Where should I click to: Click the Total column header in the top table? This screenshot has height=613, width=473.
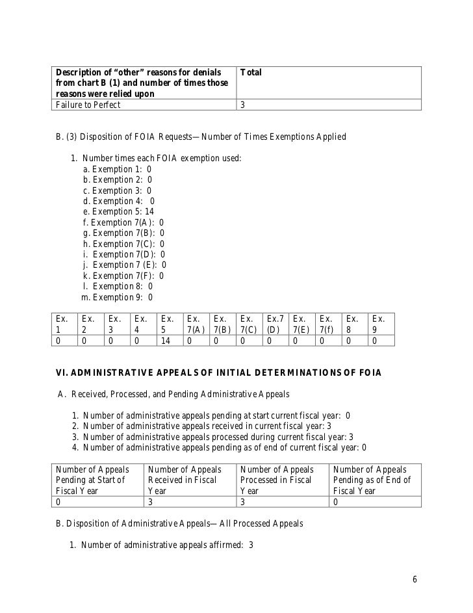pyautogui.click(x=251, y=72)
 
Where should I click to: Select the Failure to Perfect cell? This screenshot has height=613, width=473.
pyautogui.click(x=88, y=105)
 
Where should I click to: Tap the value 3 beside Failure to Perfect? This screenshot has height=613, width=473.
pyautogui.click(x=243, y=105)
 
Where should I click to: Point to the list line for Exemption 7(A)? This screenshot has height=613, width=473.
pyautogui.click(x=123, y=222)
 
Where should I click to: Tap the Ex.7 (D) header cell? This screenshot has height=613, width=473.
pyautogui.click(x=275, y=324)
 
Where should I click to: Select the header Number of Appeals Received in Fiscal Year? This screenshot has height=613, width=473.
pyautogui.click(x=185, y=480)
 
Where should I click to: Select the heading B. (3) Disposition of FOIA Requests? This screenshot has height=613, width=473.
pyautogui.click(x=201, y=137)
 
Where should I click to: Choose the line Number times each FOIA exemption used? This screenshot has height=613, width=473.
pyautogui.click(x=156, y=159)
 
